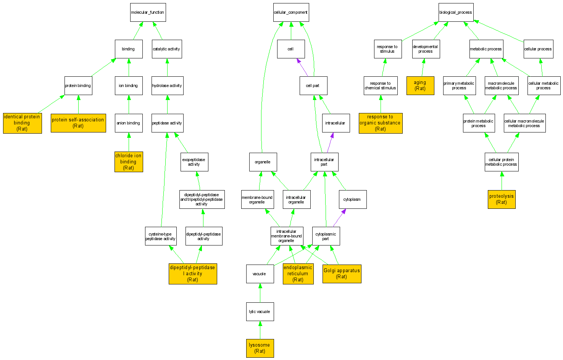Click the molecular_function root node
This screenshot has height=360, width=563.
148,13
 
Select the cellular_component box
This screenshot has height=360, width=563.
291,13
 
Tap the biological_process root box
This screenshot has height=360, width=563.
456,13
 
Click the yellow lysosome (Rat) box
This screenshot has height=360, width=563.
260,348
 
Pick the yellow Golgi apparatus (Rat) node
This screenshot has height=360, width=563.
342,274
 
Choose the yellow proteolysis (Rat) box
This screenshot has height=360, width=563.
502,199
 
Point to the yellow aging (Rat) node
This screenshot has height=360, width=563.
420,86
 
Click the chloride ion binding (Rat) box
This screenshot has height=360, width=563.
129,162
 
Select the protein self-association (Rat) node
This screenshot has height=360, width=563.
78,123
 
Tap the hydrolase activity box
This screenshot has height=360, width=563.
167,86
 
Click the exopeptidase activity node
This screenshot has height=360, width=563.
194,162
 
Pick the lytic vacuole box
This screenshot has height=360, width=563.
260,312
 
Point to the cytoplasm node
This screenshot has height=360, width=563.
352,200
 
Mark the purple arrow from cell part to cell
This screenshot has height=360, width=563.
302,67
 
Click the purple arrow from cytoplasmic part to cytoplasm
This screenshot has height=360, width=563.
339,218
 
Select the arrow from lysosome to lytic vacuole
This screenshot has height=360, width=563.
260,330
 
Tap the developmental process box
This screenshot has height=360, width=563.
426,49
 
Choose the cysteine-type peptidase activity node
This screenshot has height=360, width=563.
161,236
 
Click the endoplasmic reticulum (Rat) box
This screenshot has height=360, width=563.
298,274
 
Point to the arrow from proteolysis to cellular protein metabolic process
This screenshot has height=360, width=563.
502,181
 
